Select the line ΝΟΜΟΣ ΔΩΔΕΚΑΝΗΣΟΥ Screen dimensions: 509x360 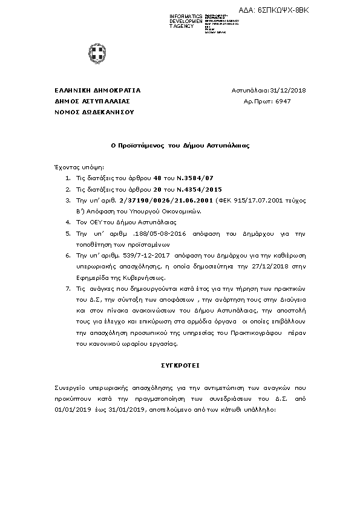click(x=86, y=112)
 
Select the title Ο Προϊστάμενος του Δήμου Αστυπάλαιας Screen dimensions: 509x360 click(x=180, y=146)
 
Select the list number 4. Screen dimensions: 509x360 click(x=68, y=222)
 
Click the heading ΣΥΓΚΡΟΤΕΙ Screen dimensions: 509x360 click(x=180, y=365)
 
